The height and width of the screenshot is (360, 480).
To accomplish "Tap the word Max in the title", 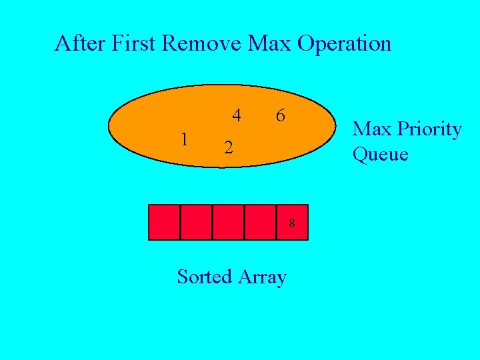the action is click(269, 43).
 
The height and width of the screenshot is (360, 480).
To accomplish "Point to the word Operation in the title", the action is click(344, 45).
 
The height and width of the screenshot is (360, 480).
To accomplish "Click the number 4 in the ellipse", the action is click(237, 115).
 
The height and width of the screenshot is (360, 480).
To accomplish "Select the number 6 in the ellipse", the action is click(281, 115).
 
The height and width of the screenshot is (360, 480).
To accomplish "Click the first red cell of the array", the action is click(164, 222).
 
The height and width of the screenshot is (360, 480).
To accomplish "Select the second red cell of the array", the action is click(196, 222).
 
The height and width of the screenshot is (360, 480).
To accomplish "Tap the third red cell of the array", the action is click(228, 222).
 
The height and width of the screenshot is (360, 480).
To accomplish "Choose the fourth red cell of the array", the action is click(260, 222).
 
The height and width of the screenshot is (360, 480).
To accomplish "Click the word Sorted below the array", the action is click(203, 276).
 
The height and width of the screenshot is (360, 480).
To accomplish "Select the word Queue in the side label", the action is click(380, 155).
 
